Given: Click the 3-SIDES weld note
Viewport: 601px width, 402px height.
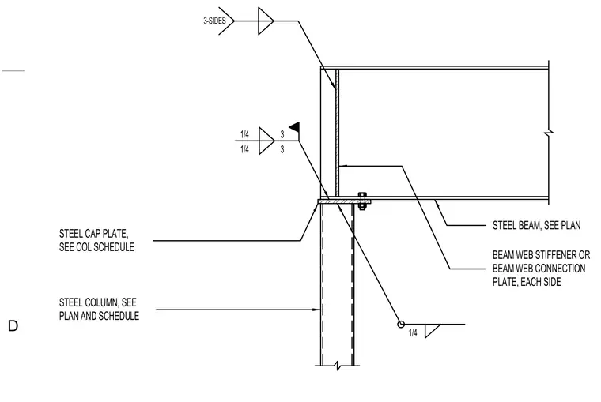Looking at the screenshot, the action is click(x=214, y=21).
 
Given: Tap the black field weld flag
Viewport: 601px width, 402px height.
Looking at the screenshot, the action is click(x=295, y=126).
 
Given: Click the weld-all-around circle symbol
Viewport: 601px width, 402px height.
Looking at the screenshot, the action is click(x=401, y=325).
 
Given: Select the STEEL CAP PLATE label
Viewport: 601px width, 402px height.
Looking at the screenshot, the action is click(x=96, y=240).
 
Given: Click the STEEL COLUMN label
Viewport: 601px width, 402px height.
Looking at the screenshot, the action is click(x=99, y=309).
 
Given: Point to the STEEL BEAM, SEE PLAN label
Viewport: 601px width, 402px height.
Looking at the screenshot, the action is click(x=537, y=225).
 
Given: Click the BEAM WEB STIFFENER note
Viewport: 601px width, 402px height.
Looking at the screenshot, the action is click(x=541, y=269).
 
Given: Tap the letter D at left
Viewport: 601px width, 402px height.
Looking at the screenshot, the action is click(x=13, y=326).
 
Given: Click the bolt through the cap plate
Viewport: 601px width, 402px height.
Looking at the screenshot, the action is click(x=362, y=201).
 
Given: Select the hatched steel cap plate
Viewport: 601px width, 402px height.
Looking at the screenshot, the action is click(x=344, y=201).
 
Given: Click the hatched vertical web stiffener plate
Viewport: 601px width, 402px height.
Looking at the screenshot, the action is click(x=338, y=132).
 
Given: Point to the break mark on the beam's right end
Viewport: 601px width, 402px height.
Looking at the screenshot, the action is click(x=549, y=133).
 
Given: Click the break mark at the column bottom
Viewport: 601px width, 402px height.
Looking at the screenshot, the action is click(x=338, y=366).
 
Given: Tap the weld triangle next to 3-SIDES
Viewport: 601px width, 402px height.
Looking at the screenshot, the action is click(x=266, y=21).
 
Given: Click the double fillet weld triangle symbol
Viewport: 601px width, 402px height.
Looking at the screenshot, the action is click(x=266, y=141).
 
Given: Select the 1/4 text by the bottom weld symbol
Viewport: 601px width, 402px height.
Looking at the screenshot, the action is click(x=413, y=333).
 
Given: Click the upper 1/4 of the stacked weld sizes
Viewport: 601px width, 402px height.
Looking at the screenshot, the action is click(x=244, y=134).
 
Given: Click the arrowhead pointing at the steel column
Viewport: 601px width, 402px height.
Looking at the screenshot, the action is click(x=316, y=310).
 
